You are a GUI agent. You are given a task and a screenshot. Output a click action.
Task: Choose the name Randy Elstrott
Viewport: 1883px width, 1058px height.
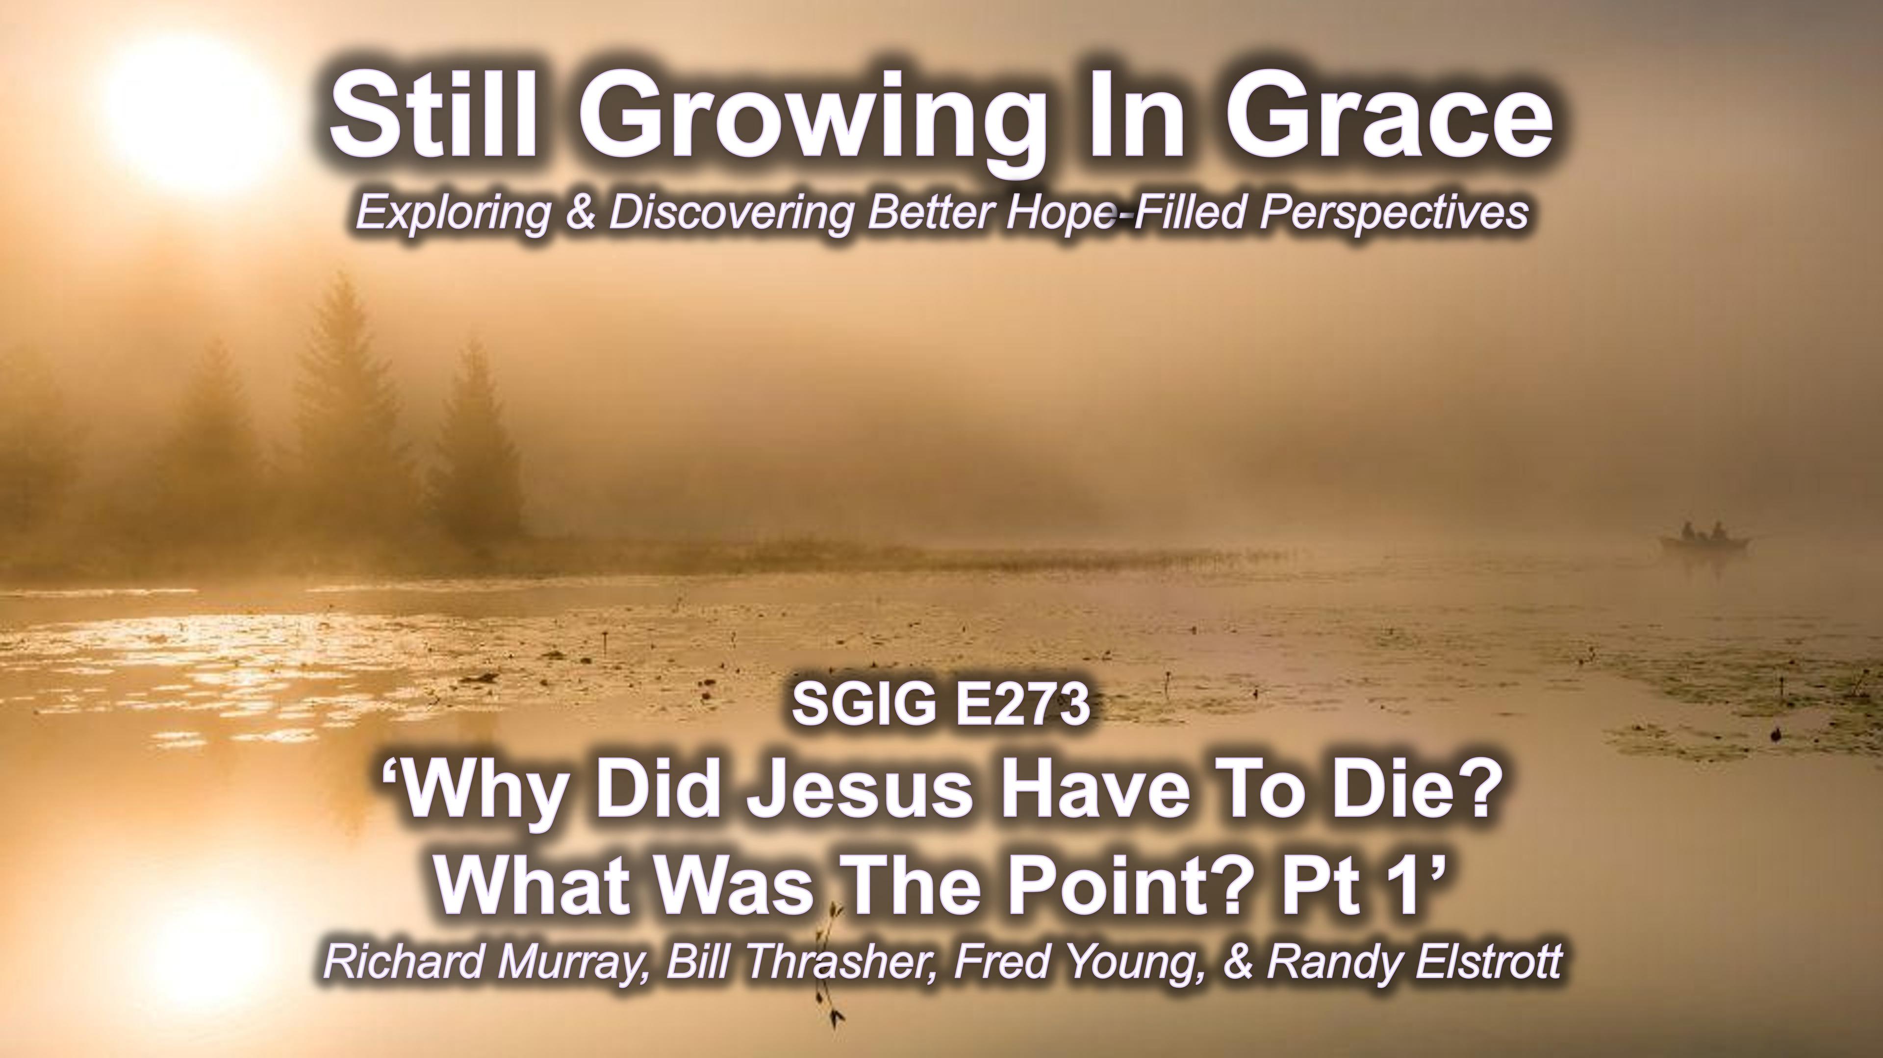[x=1414, y=964]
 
